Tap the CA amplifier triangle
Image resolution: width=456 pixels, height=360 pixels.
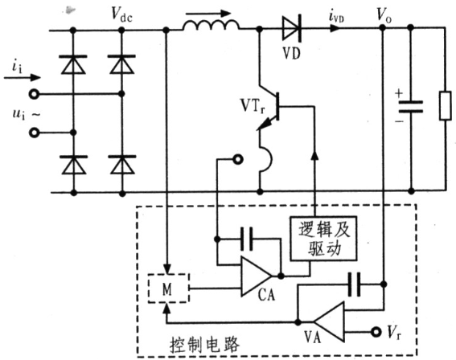click(256, 276)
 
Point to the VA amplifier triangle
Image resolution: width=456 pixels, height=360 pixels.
click(330, 321)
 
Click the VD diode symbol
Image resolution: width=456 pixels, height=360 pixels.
click(292, 28)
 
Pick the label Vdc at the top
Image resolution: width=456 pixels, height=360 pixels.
click(122, 14)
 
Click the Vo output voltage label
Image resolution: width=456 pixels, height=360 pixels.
click(384, 14)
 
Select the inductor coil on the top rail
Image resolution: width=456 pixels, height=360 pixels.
click(212, 25)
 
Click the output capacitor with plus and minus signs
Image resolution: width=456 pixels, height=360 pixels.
click(410, 107)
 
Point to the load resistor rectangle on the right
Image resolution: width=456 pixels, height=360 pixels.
click(446, 105)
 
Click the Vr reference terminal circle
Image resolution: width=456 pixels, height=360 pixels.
click(376, 332)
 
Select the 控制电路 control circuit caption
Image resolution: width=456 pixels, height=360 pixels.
click(204, 345)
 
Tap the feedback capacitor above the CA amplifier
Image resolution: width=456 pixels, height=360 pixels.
click(247, 239)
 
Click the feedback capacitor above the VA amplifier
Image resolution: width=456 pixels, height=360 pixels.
click(354, 284)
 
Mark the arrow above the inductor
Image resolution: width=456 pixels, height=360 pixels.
click(208, 14)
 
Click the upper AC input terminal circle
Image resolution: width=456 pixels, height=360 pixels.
click(34, 94)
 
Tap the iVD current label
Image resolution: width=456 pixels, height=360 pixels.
click(337, 17)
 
